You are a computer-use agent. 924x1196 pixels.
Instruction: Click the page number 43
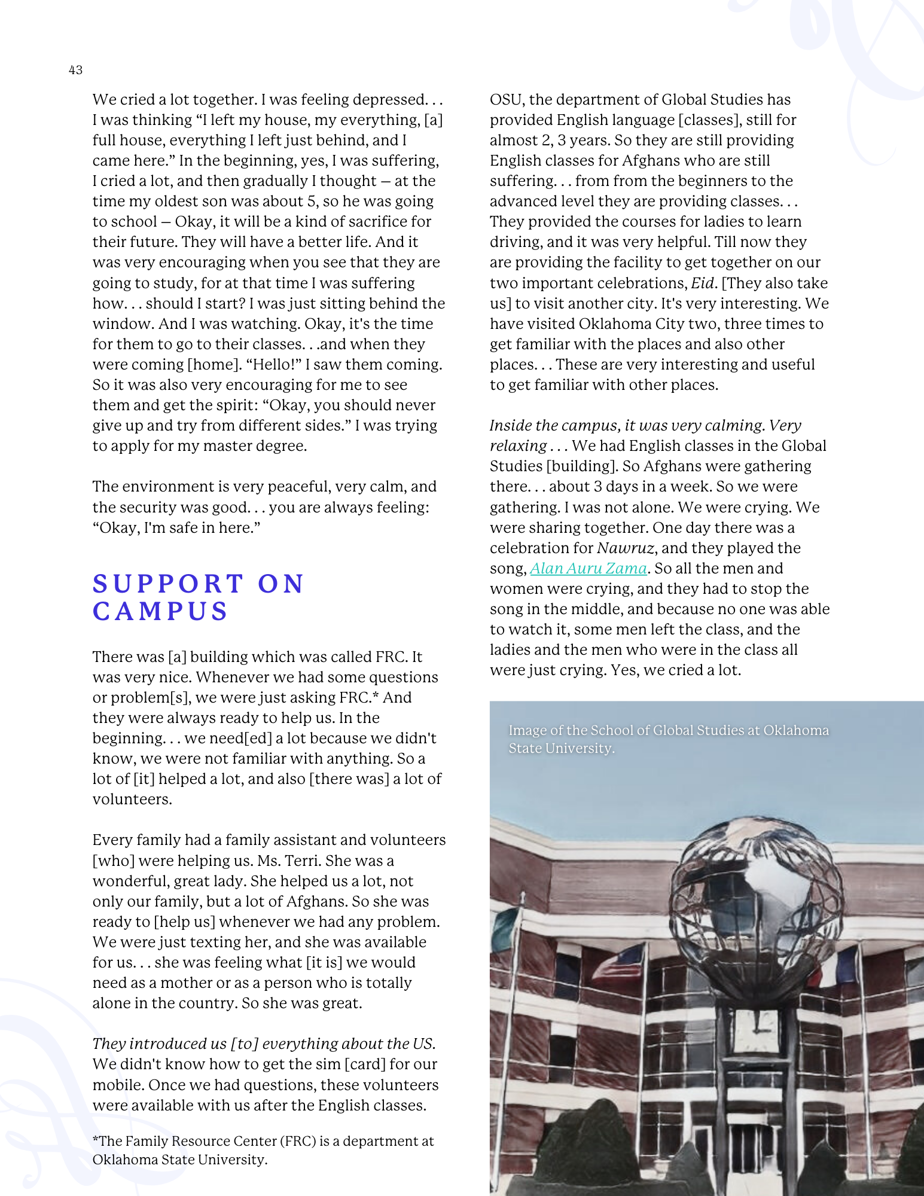pos(75,70)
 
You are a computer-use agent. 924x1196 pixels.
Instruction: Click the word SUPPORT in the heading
pos(168,584)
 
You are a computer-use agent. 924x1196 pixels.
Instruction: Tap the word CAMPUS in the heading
pos(160,611)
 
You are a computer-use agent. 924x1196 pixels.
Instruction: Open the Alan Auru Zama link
pos(588,568)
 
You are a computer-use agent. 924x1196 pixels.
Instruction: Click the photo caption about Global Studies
pos(668,739)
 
